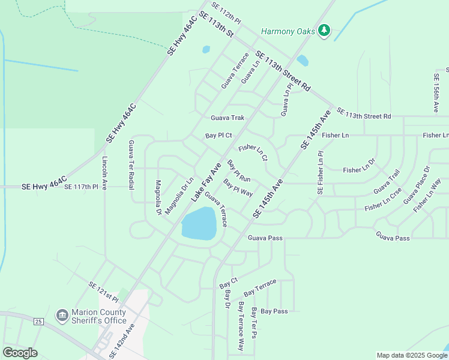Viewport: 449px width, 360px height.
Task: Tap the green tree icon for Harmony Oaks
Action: pyautogui.click(x=324, y=30)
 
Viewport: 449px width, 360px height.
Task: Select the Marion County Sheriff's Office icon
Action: pyautogui.click(x=62, y=315)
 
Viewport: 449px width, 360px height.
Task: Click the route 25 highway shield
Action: pyautogui.click(x=38, y=322)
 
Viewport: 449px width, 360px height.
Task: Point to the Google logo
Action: pyautogui.click(x=20, y=353)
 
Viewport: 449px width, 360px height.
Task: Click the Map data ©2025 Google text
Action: pyautogui.click(x=411, y=355)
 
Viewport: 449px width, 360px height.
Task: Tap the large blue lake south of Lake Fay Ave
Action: pyautogui.click(x=199, y=223)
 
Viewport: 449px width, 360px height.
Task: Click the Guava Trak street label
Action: pyautogui.click(x=227, y=118)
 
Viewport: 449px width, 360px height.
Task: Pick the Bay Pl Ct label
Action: pyautogui.click(x=218, y=136)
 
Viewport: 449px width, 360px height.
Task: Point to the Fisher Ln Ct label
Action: pyautogui.click(x=253, y=152)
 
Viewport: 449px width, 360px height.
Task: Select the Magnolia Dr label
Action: pyautogui.click(x=158, y=197)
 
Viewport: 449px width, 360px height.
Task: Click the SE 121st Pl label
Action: pyautogui.click(x=104, y=292)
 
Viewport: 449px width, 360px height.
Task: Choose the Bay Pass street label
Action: pyautogui.click(x=274, y=311)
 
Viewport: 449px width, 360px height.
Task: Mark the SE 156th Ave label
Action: pyautogui.click(x=436, y=93)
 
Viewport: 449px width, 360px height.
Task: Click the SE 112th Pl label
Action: pyautogui.click(x=226, y=17)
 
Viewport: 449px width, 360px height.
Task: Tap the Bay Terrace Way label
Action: pyautogui.click(x=241, y=326)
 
